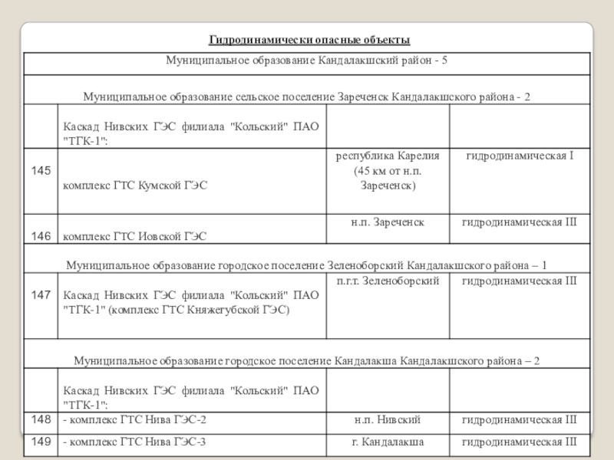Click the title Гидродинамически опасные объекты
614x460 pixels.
pos(310,40)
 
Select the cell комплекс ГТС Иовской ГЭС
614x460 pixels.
pos(134,237)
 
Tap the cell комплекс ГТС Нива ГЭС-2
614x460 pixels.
pos(137,420)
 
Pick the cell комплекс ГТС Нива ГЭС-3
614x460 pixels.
pos(137,442)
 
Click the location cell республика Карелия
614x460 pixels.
pos(388,156)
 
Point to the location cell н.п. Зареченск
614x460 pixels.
pos(388,222)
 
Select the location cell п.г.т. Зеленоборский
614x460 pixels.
pos(388,281)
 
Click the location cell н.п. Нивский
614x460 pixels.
pos(388,420)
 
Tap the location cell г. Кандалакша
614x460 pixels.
pos(388,442)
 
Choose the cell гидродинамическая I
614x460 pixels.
pos(519,156)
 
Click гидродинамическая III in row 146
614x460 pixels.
pos(519,222)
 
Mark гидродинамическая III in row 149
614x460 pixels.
pos(519,442)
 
